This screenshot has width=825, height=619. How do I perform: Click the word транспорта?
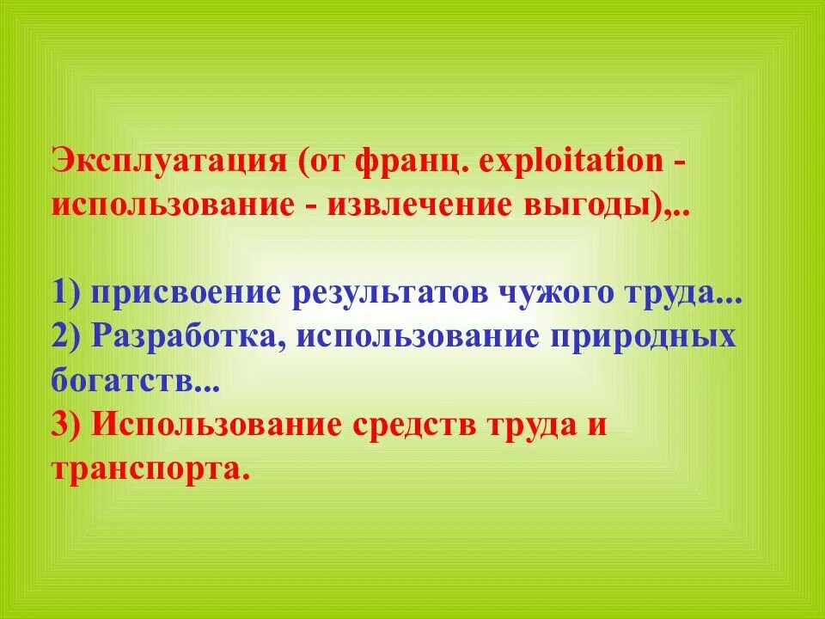pos(144,469)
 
